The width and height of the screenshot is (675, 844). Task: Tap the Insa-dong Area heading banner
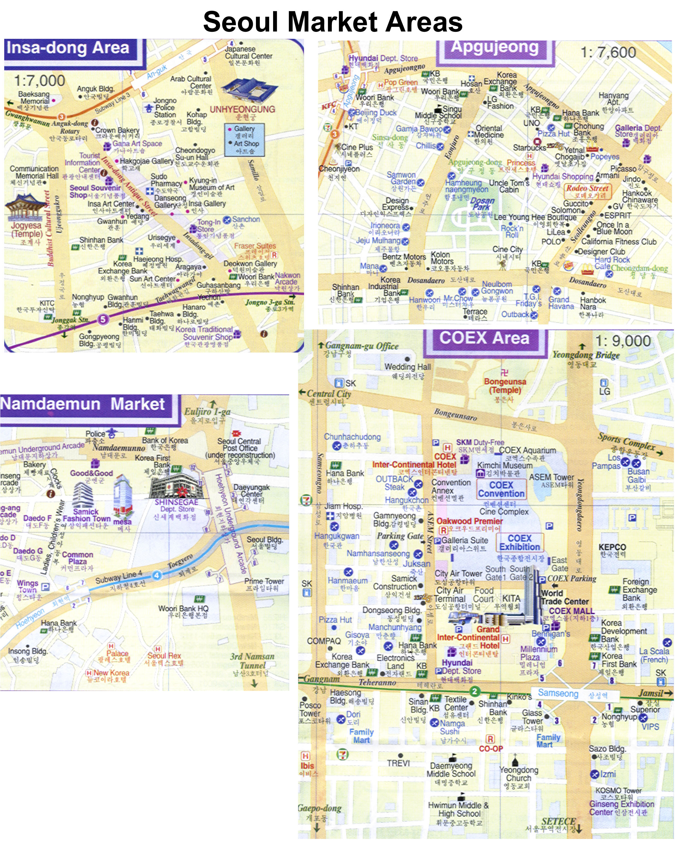click(x=68, y=48)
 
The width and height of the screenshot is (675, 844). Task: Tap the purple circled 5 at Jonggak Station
click(x=103, y=319)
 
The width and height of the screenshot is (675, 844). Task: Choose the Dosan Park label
click(x=482, y=204)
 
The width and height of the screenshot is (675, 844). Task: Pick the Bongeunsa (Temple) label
click(x=505, y=386)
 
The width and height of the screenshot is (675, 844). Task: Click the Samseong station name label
click(x=558, y=693)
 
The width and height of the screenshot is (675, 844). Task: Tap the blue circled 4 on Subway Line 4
click(x=157, y=575)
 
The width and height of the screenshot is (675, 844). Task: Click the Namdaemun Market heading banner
click(x=83, y=404)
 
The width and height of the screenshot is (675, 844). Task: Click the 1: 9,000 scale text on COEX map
click(x=623, y=341)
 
